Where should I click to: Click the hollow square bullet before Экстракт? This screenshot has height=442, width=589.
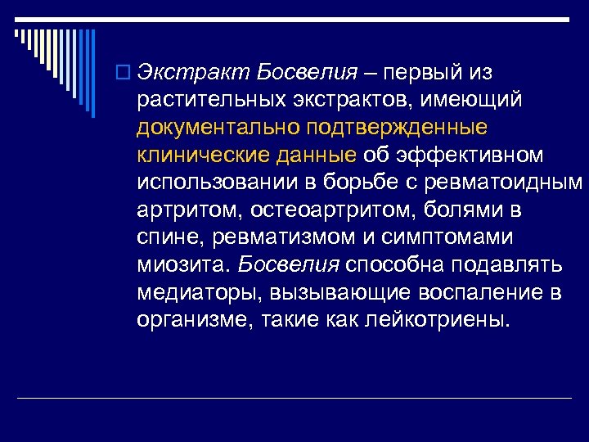[x=124, y=73]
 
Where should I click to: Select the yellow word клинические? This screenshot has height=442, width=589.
[x=194, y=156]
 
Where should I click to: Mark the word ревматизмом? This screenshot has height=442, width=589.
[x=286, y=238]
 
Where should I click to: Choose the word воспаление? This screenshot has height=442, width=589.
[x=478, y=293]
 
